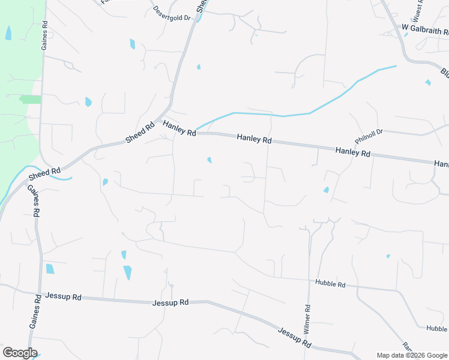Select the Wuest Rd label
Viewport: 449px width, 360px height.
[x=418, y=10]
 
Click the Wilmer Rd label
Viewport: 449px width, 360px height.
[x=307, y=320]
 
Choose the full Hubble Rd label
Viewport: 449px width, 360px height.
[x=330, y=284]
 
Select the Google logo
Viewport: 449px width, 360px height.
[x=20, y=353]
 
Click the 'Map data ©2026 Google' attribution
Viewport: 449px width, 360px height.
[x=412, y=355]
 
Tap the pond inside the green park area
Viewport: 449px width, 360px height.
[x=8, y=33]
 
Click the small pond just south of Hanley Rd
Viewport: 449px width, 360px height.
[x=209, y=160]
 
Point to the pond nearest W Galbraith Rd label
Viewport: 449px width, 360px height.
[x=428, y=82]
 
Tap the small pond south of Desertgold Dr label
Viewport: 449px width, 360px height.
[x=199, y=67]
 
